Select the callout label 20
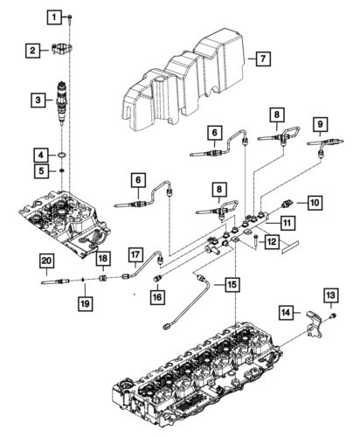pos(45,260)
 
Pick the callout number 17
pos(136,255)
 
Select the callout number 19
pos(86,302)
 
